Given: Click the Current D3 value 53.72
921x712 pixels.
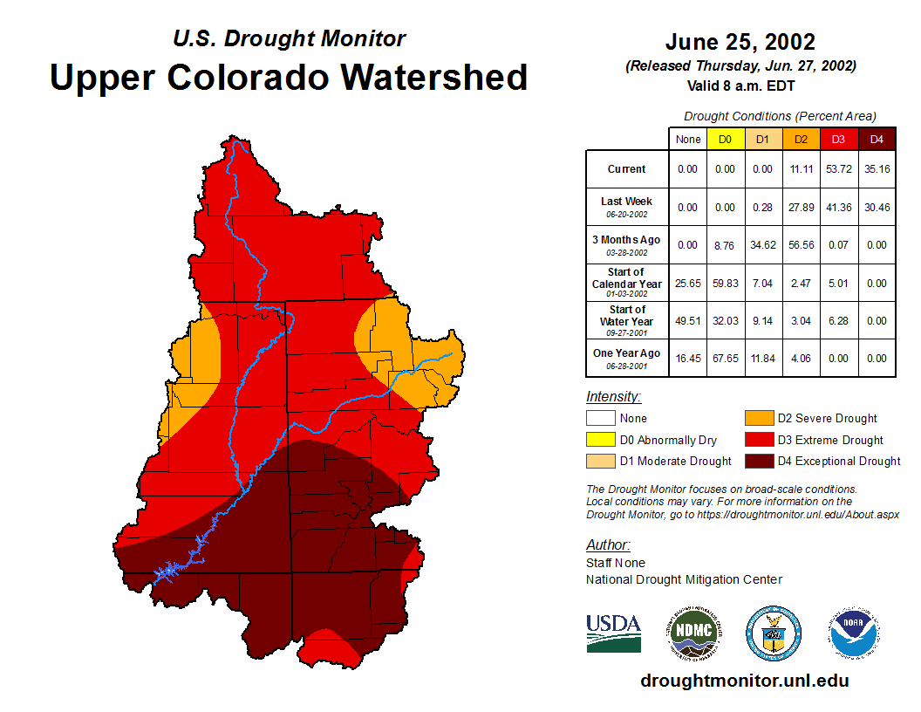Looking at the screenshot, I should coord(839,169).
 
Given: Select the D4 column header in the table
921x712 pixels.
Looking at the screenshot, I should coord(877,140).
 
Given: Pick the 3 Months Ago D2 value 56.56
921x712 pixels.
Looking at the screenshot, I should coord(801,245).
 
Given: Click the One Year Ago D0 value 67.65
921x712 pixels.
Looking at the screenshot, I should coord(726,358).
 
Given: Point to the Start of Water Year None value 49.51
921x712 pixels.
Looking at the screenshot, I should coord(688,320).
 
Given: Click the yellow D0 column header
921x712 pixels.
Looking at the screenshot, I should coord(726,140).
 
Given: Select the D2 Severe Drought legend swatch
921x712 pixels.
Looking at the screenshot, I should coord(758,419).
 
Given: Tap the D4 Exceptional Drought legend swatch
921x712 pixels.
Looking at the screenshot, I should coord(758,461).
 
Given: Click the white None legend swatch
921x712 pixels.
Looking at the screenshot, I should coord(600,419).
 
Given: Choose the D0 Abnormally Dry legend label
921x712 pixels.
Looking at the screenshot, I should coord(668,441).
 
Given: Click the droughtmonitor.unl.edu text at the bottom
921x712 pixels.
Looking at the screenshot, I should coord(744,681).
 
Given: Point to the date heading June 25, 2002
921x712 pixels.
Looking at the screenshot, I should coord(740,42).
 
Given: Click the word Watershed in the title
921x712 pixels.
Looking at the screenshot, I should coord(433,77).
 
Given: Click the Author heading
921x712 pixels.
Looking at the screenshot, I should coord(608,545).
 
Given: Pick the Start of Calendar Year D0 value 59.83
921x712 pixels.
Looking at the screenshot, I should coord(726,283).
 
